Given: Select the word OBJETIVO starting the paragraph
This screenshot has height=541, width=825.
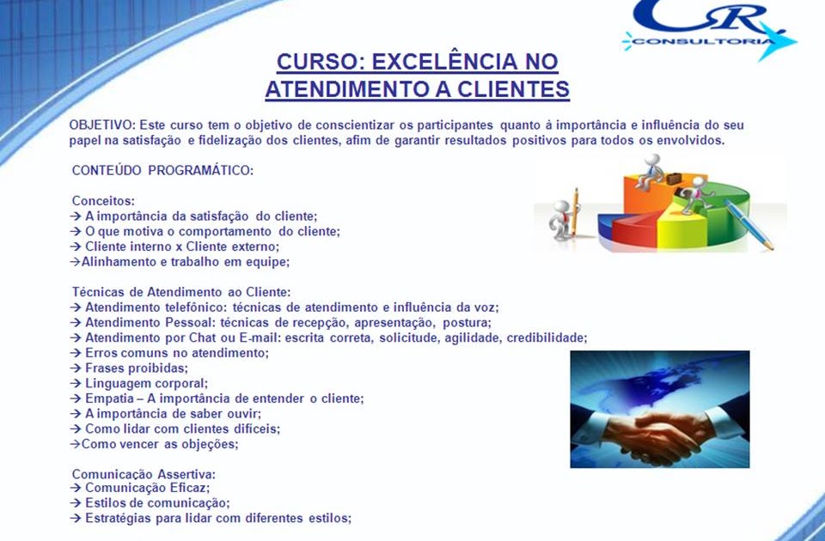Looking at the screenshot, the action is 102,125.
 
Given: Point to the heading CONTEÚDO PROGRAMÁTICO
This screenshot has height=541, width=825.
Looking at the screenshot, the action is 162,170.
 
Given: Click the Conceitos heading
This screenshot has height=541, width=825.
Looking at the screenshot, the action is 103,201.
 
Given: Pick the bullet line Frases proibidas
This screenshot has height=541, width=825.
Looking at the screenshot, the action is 129,368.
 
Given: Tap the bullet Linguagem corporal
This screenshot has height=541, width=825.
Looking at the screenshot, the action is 139,383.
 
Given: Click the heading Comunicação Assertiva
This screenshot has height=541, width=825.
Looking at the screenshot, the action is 144,474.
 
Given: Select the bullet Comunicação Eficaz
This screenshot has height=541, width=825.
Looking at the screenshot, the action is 140,488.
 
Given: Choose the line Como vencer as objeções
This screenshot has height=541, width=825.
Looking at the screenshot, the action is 154,444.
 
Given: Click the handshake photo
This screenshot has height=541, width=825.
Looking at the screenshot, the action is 660,409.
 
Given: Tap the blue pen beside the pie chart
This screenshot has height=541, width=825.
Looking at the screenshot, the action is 749,224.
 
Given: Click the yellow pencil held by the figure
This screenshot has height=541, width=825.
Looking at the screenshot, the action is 576,212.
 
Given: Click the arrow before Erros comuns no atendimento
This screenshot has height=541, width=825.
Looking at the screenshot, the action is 76,353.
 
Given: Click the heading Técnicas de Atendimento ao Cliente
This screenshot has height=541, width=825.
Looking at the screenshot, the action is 181,292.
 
